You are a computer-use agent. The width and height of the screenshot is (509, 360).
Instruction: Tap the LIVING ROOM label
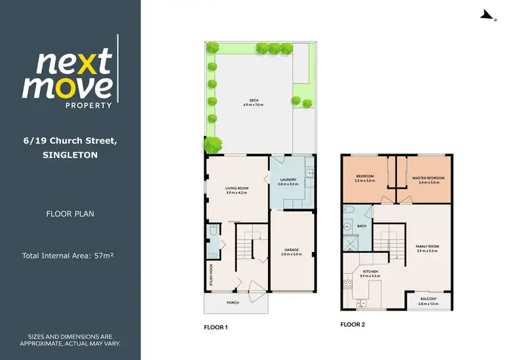tap(238, 188)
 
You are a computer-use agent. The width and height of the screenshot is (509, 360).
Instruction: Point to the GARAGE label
tap(292, 250)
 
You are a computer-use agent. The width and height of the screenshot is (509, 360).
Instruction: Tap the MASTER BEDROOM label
tap(428, 178)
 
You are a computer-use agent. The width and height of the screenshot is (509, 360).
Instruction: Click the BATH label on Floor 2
tap(362, 226)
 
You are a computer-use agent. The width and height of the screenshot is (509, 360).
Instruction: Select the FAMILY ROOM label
tap(428, 247)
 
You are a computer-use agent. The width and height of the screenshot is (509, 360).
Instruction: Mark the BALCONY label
tap(429, 299)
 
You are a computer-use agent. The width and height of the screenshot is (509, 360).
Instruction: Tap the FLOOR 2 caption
tap(353, 325)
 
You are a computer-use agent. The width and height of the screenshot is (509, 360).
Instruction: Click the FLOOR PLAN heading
tap(70, 213)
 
